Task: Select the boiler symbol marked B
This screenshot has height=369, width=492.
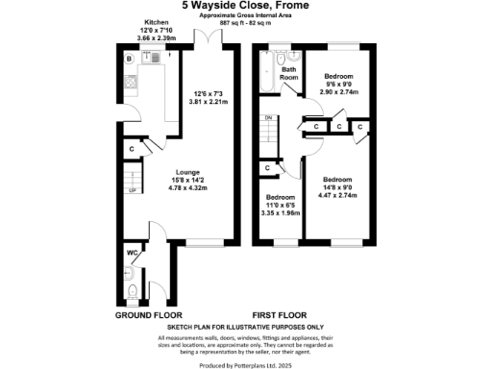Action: pyautogui.click(x=128, y=59)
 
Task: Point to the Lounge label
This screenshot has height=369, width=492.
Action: pyautogui.click(x=187, y=174)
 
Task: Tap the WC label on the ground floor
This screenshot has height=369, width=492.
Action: pyautogui.click(x=131, y=255)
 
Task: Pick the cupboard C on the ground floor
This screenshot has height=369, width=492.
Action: pyautogui.click(x=132, y=150)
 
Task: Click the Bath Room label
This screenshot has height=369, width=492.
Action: pyautogui.click(x=288, y=74)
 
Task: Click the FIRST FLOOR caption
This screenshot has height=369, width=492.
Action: pyautogui.click(x=280, y=315)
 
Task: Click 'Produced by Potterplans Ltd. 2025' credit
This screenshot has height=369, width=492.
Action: pyautogui.click(x=246, y=362)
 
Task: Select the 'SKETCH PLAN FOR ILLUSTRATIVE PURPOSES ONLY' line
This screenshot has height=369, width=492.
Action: pyautogui.click(x=246, y=329)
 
